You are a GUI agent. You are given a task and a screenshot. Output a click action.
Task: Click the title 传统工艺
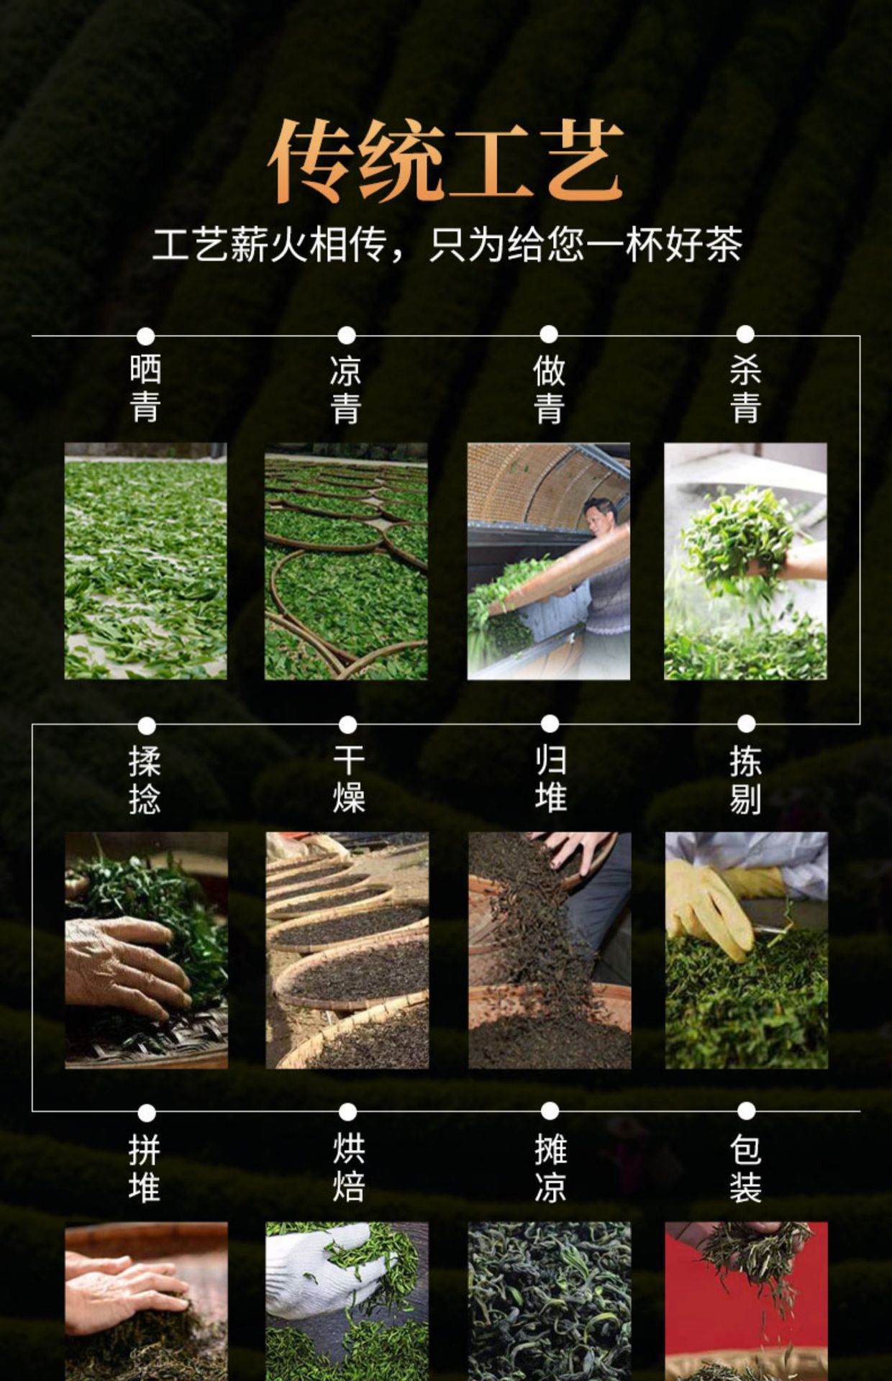click(x=445, y=160)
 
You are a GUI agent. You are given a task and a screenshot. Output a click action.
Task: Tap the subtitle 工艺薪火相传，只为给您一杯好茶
click(x=447, y=245)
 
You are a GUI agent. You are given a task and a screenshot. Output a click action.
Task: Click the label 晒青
click(x=145, y=388)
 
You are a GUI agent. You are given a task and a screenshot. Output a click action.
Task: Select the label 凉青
click(x=346, y=388)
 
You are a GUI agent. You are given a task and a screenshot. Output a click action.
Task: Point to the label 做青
click(x=549, y=388)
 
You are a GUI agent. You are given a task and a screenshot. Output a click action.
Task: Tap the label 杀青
click(x=745, y=388)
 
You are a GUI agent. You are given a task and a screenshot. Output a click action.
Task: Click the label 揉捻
click(x=145, y=780)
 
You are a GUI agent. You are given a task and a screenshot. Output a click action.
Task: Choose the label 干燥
click(x=348, y=780)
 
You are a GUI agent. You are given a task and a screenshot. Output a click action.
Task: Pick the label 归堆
click(x=550, y=780)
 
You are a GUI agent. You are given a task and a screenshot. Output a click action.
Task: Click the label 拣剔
click(x=746, y=780)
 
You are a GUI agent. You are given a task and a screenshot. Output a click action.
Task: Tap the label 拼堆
click(x=145, y=1169)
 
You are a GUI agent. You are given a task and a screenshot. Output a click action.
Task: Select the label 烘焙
click(x=348, y=1169)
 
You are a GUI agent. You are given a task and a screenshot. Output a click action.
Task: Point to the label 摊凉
click(x=550, y=1169)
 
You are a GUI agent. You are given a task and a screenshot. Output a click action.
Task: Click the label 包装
click(x=746, y=1169)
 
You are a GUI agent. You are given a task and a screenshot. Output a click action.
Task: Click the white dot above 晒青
click(x=146, y=336)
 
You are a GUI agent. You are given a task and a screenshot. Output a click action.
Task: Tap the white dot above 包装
click(x=747, y=1111)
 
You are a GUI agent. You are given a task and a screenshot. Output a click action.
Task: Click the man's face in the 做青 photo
click(x=599, y=516)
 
